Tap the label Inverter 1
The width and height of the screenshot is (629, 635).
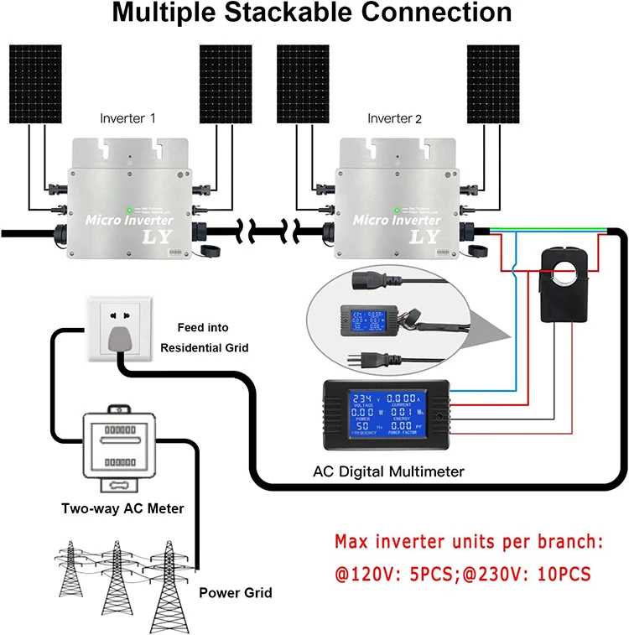click(x=127, y=118)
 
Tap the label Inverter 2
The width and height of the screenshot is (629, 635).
click(x=395, y=118)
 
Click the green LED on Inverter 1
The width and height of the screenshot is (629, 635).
click(x=128, y=210)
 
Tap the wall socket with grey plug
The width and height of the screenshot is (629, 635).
click(x=115, y=329)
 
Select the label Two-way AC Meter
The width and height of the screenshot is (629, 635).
click(x=122, y=508)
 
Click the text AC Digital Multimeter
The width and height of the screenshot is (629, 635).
click(x=388, y=471)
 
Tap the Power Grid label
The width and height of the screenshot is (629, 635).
click(x=235, y=593)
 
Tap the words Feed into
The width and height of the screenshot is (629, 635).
click(x=202, y=327)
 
